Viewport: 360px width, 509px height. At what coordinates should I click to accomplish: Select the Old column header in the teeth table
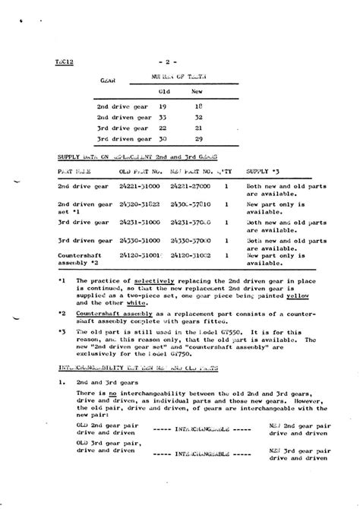(x=163, y=92)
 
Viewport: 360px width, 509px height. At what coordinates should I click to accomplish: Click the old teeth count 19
(x=163, y=107)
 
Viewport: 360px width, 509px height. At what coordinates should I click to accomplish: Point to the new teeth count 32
(x=197, y=118)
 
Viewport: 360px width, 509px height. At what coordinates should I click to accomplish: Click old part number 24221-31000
(x=139, y=185)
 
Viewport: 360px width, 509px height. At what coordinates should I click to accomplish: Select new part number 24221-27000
(x=191, y=185)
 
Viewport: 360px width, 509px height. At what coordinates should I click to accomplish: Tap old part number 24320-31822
(x=139, y=204)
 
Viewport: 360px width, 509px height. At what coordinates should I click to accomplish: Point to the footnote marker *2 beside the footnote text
(x=62, y=313)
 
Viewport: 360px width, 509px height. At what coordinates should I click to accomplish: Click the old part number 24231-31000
(x=139, y=221)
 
